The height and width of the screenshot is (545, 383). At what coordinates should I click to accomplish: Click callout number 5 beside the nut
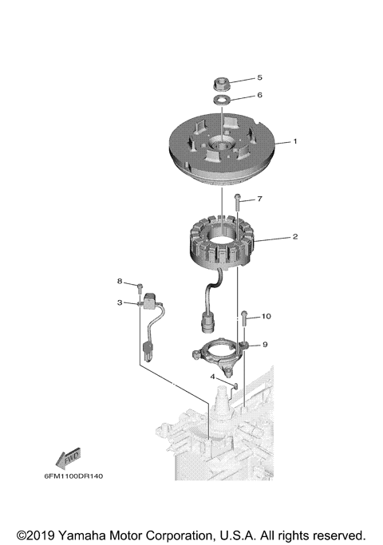click(x=259, y=78)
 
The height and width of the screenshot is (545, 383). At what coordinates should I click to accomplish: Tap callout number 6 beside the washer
click(x=259, y=95)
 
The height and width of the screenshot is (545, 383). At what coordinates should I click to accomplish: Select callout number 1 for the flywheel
click(x=294, y=141)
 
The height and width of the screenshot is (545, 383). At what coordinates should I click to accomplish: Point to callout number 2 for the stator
click(x=294, y=237)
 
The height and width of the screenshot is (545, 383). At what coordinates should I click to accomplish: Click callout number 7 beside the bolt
click(x=259, y=198)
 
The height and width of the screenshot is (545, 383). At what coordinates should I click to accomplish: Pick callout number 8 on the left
click(x=120, y=282)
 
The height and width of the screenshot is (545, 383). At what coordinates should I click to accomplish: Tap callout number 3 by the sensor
click(x=120, y=303)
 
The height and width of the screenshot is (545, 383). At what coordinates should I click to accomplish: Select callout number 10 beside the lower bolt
click(x=266, y=317)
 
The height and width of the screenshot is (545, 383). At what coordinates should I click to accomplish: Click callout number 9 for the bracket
click(x=265, y=345)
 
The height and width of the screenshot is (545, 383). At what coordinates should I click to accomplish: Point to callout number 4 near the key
click(x=212, y=376)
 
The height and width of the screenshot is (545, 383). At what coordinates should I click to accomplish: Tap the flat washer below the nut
click(x=221, y=99)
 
